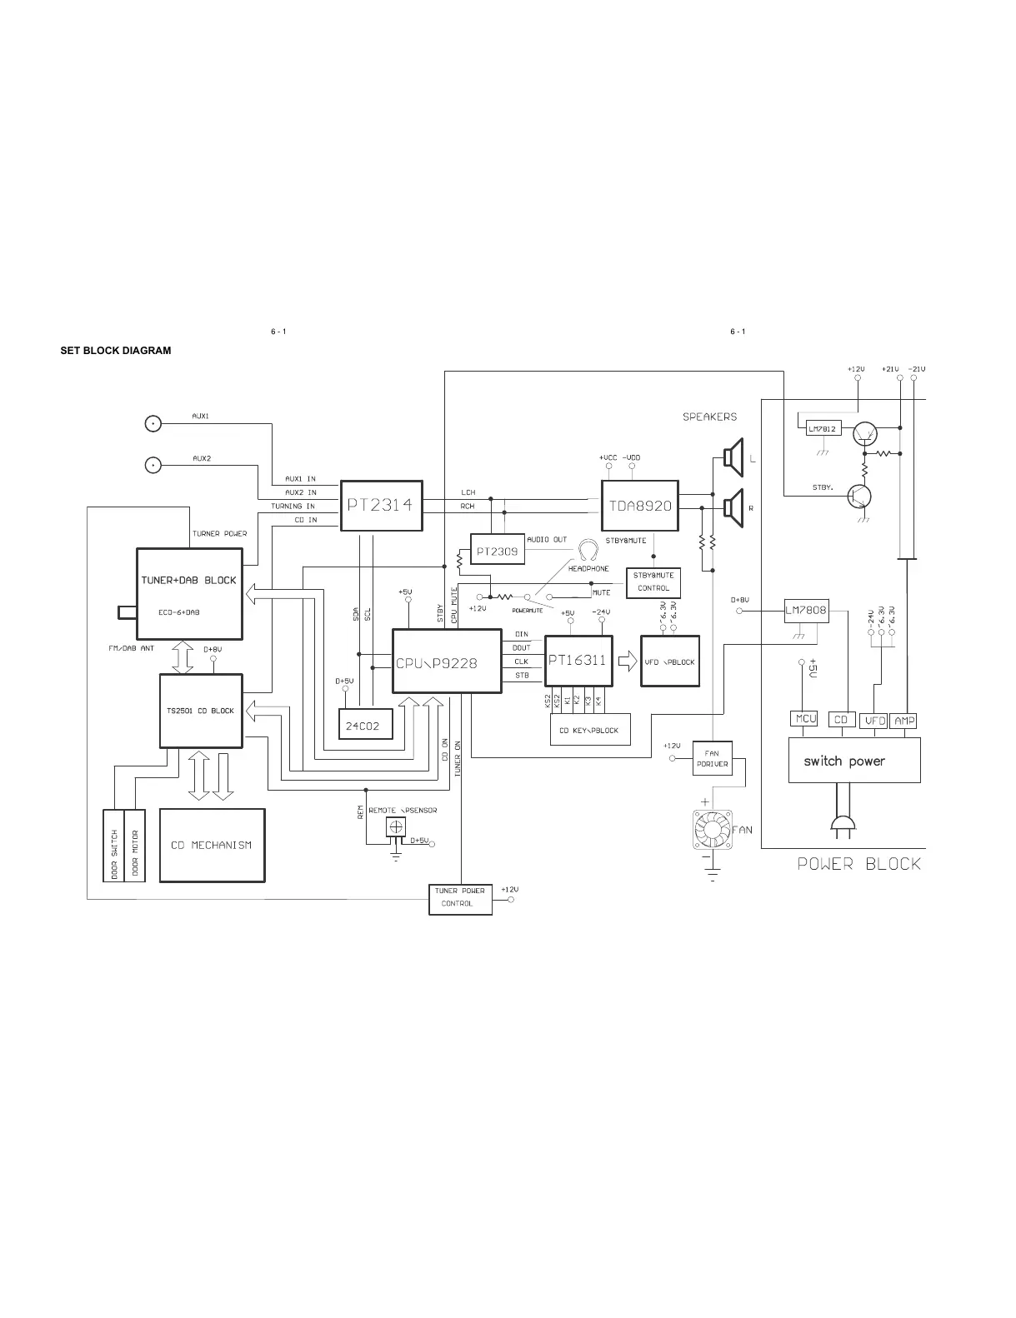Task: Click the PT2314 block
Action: (381, 505)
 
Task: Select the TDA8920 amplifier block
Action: (640, 506)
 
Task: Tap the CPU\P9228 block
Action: (447, 661)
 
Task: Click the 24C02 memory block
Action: (363, 726)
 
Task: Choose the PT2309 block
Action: (498, 551)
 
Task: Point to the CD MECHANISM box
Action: (212, 845)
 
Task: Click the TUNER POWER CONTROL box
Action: (460, 900)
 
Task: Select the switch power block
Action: (854, 760)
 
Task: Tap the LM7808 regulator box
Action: (806, 611)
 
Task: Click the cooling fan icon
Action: (711, 830)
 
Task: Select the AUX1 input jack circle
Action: (153, 423)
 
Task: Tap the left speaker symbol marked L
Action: (733, 457)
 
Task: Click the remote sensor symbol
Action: (397, 826)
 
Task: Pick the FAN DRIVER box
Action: (712, 758)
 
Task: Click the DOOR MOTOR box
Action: (135, 845)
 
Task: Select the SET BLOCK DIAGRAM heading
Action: (116, 351)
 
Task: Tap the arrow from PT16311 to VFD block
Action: (627, 661)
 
